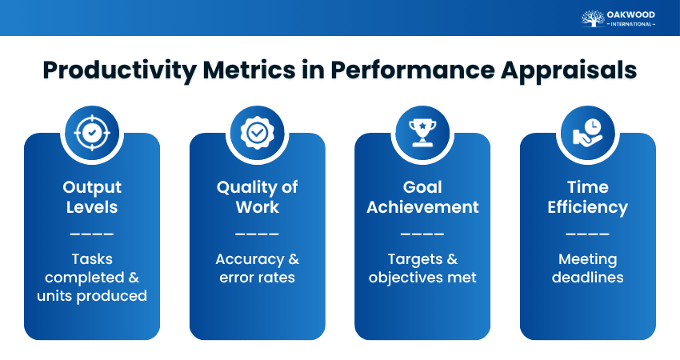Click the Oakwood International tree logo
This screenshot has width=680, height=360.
(593, 18)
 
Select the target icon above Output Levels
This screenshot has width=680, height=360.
(92, 132)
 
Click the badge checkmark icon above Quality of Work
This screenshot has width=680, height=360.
(257, 132)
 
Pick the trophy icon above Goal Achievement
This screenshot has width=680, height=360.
(422, 132)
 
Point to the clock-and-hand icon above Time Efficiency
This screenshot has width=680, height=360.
(587, 132)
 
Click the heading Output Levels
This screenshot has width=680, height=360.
(92, 197)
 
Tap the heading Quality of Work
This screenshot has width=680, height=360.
(257, 197)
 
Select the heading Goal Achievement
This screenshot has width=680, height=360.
(422, 197)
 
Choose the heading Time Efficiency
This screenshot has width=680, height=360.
(587, 197)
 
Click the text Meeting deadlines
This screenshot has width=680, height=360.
(587, 268)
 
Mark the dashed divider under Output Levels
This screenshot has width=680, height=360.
(92, 234)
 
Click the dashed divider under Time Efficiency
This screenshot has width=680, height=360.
(587, 234)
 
